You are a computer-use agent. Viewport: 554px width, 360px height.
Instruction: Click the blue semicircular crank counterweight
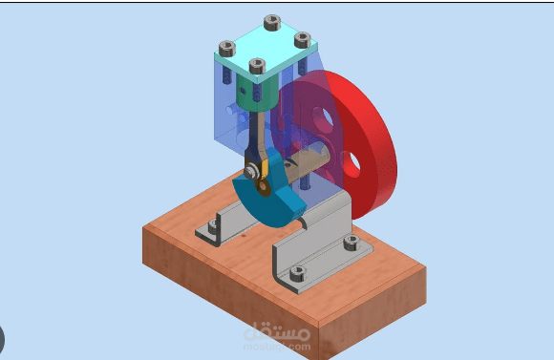(270, 195)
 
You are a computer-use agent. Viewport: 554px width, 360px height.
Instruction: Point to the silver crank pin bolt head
(251, 171)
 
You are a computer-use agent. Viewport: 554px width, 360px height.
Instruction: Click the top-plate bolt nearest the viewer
(256, 66)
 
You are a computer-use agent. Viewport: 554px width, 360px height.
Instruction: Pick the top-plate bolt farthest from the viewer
(272, 22)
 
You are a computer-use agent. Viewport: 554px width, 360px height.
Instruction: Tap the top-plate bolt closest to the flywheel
(302, 39)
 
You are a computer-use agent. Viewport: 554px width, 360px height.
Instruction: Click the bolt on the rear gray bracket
(211, 227)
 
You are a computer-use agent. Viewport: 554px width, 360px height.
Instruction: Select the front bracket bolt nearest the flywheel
(351, 242)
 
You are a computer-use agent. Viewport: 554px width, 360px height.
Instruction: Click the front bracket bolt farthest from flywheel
(297, 273)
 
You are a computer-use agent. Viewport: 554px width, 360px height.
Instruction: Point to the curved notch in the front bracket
(305, 222)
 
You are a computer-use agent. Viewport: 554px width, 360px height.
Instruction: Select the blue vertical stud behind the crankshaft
(311, 178)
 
